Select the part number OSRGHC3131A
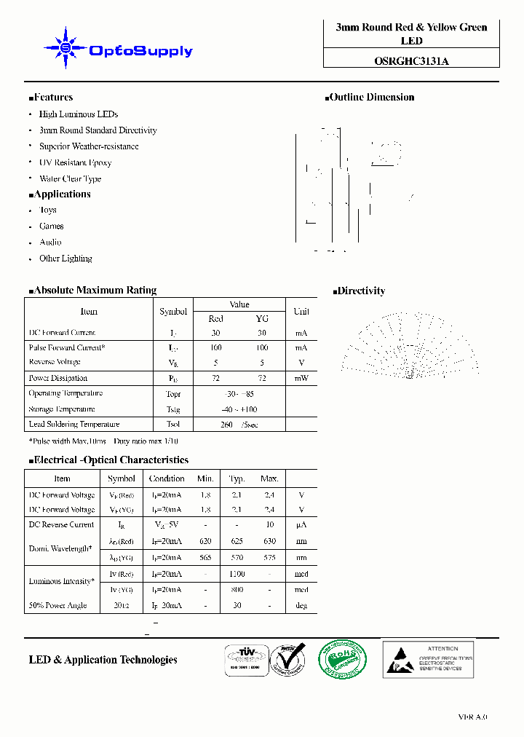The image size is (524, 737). [x=411, y=61]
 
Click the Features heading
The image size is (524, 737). [x=52, y=98]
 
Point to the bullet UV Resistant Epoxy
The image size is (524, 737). [x=75, y=162]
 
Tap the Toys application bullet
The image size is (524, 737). [x=48, y=210]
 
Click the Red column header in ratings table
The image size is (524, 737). [x=216, y=319]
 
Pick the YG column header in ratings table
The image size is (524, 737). [x=262, y=319]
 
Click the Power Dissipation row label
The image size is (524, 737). [x=58, y=378]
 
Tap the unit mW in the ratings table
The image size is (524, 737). [x=301, y=378]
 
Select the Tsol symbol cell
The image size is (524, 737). [x=173, y=424]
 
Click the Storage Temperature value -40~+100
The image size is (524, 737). [x=239, y=409]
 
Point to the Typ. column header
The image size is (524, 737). [x=237, y=478]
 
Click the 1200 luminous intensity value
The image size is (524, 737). [x=237, y=575]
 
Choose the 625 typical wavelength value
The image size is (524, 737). [x=237, y=541]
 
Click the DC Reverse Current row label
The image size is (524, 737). [x=61, y=524]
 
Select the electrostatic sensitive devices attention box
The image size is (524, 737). [x=428, y=659]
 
